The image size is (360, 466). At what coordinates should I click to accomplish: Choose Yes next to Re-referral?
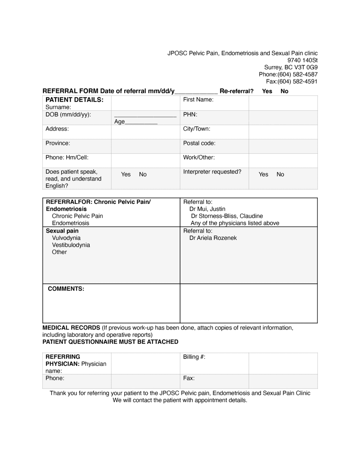tap(267, 91)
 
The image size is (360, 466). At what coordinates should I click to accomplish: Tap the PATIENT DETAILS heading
tap(74, 100)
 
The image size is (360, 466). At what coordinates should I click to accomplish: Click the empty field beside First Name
tap(283, 103)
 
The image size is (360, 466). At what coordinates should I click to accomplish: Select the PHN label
tap(190, 115)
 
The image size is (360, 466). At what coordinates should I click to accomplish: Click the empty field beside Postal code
tap(283, 146)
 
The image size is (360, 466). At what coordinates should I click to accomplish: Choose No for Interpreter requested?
tap(280, 174)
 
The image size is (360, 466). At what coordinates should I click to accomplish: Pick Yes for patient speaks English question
tap(126, 174)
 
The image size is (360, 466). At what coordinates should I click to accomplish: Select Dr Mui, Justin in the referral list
tap(207, 209)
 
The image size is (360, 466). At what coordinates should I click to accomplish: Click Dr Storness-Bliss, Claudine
tap(227, 216)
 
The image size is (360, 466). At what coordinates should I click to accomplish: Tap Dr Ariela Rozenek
tap(213, 238)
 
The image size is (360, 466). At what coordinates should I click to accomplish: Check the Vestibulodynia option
tap(71, 245)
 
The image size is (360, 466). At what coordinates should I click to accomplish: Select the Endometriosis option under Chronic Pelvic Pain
tap(70, 223)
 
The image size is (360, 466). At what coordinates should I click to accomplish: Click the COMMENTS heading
tap(66, 289)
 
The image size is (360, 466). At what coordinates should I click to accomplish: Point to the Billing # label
tap(194, 357)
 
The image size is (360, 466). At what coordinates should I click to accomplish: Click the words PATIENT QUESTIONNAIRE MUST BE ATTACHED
tap(110, 342)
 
